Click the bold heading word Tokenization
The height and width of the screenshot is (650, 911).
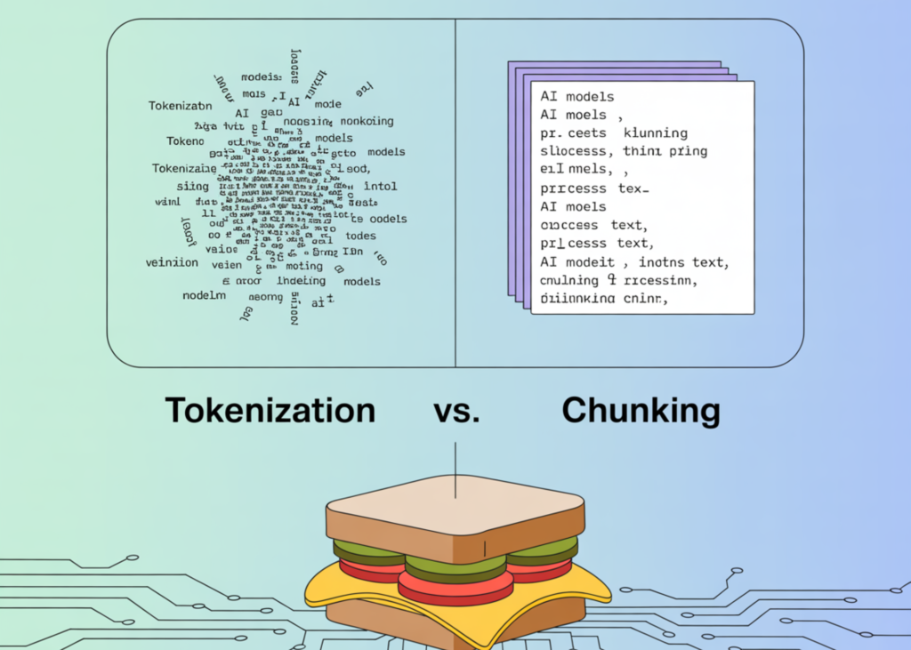point(270,411)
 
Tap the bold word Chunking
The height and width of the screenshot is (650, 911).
point(641,411)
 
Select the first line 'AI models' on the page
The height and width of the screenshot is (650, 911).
point(577,96)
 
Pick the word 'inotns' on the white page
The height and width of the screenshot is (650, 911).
point(660,262)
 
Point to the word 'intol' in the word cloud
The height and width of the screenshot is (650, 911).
point(380,187)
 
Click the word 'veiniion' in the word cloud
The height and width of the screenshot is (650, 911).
point(172,262)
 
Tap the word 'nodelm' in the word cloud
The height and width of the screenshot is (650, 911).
point(204,295)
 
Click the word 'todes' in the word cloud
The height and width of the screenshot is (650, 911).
point(361,236)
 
